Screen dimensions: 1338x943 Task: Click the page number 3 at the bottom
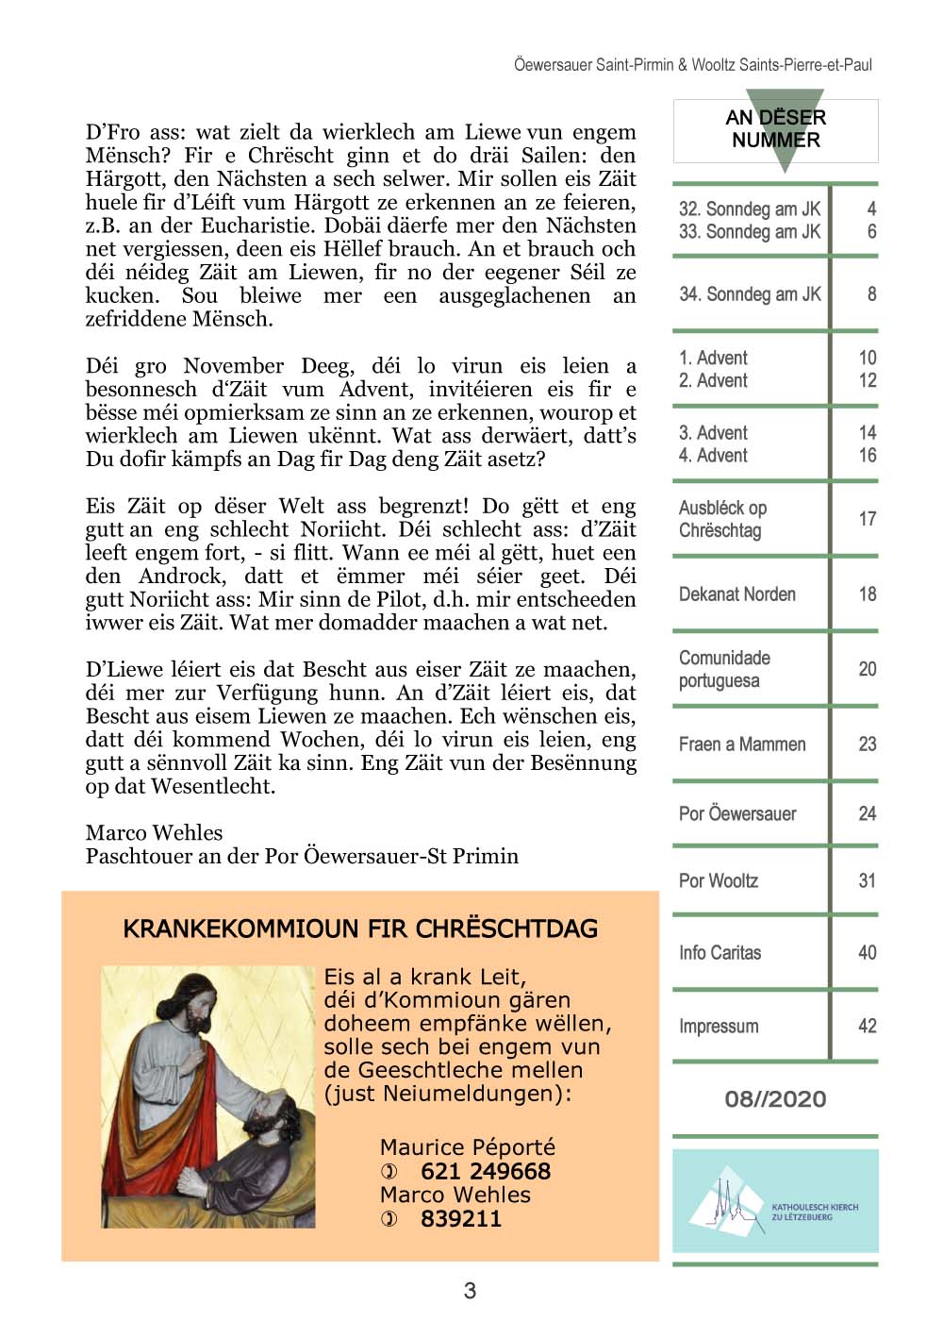[x=470, y=1291]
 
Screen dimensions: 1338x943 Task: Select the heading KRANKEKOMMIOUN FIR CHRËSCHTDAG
[x=360, y=928]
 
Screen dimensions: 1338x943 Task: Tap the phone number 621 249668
[x=485, y=1171]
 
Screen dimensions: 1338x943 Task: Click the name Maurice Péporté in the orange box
[x=467, y=1147]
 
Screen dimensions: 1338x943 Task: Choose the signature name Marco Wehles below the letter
[x=154, y=832]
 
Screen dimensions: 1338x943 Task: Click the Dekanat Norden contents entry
[x=736, y=594]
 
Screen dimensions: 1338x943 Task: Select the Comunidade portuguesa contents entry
[x=724, y=669]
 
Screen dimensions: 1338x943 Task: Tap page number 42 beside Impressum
[x=867, y=1026]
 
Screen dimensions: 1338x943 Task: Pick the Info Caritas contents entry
[x=720, y=953]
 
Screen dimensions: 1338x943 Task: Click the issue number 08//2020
[x=775, y=1099]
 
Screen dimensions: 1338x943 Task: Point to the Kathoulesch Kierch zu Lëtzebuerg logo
[x=775, y=1201]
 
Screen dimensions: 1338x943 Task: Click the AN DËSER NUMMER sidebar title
[x=775, y=129]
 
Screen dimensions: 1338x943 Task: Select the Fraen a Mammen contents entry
[x=742, y=744]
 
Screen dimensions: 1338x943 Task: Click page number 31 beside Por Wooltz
[x=867, y=881]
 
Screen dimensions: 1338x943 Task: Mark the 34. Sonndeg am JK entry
[x=750, y=294]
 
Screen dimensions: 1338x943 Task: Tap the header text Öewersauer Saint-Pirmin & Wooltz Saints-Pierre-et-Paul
[x=692, y=65]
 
